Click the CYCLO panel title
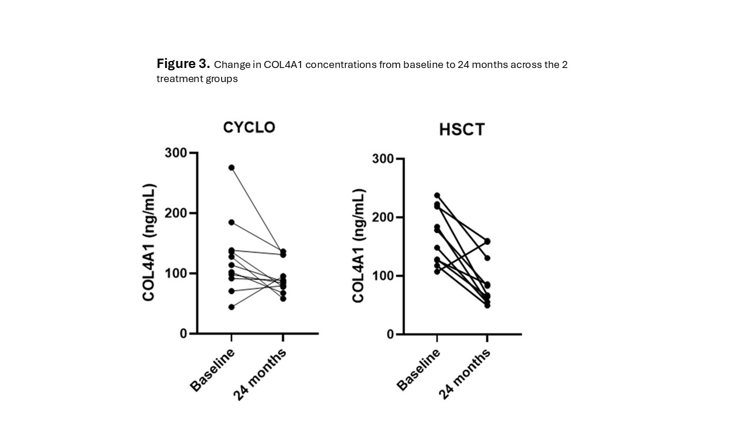click(249, 127)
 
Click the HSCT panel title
click(462, 130)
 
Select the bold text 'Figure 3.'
click(183, 64)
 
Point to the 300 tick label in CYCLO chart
click(176, 153)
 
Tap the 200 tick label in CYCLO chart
click(176, 213)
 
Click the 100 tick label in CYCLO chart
click(176, 274)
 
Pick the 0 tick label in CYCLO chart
click(183, 333)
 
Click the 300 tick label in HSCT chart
click(383, 159)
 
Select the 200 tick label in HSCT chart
click(383, 217)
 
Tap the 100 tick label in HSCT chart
click(383, 276)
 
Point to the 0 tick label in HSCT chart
click(391, 334)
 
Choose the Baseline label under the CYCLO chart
click(212, 369)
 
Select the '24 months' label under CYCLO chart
click(260, 374)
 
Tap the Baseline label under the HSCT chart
click(418, 369)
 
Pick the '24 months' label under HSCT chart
click(465, 374)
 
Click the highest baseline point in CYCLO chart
click(231, 168)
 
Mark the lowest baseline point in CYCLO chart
click(231, 307)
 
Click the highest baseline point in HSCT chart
click(437, 195)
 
